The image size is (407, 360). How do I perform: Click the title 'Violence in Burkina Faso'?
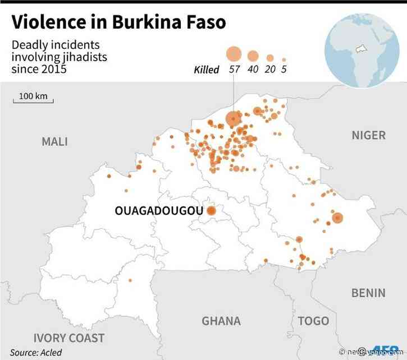click(119, 22)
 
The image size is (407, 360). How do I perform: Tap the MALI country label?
click(54, 141)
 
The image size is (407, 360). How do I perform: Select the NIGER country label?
click(368, 135)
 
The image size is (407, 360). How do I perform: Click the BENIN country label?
click(368, 293)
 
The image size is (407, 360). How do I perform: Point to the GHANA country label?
click(221, 321)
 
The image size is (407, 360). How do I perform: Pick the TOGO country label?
click(313, 321)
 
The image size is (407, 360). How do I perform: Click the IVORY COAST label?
click(69, 338)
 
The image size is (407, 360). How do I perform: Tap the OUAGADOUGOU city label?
click(158, 211)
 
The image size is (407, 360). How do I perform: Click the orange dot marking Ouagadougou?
click(212, 211)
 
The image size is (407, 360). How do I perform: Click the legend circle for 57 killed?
click(234, 54)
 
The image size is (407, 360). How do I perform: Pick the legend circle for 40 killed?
click(253, 56)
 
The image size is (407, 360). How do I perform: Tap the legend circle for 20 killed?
click(270, 58)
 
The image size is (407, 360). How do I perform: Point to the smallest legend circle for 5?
click(284, 59)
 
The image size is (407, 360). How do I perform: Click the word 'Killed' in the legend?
click(206, 70)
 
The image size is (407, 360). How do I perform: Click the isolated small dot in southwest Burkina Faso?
click(130, 280)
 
